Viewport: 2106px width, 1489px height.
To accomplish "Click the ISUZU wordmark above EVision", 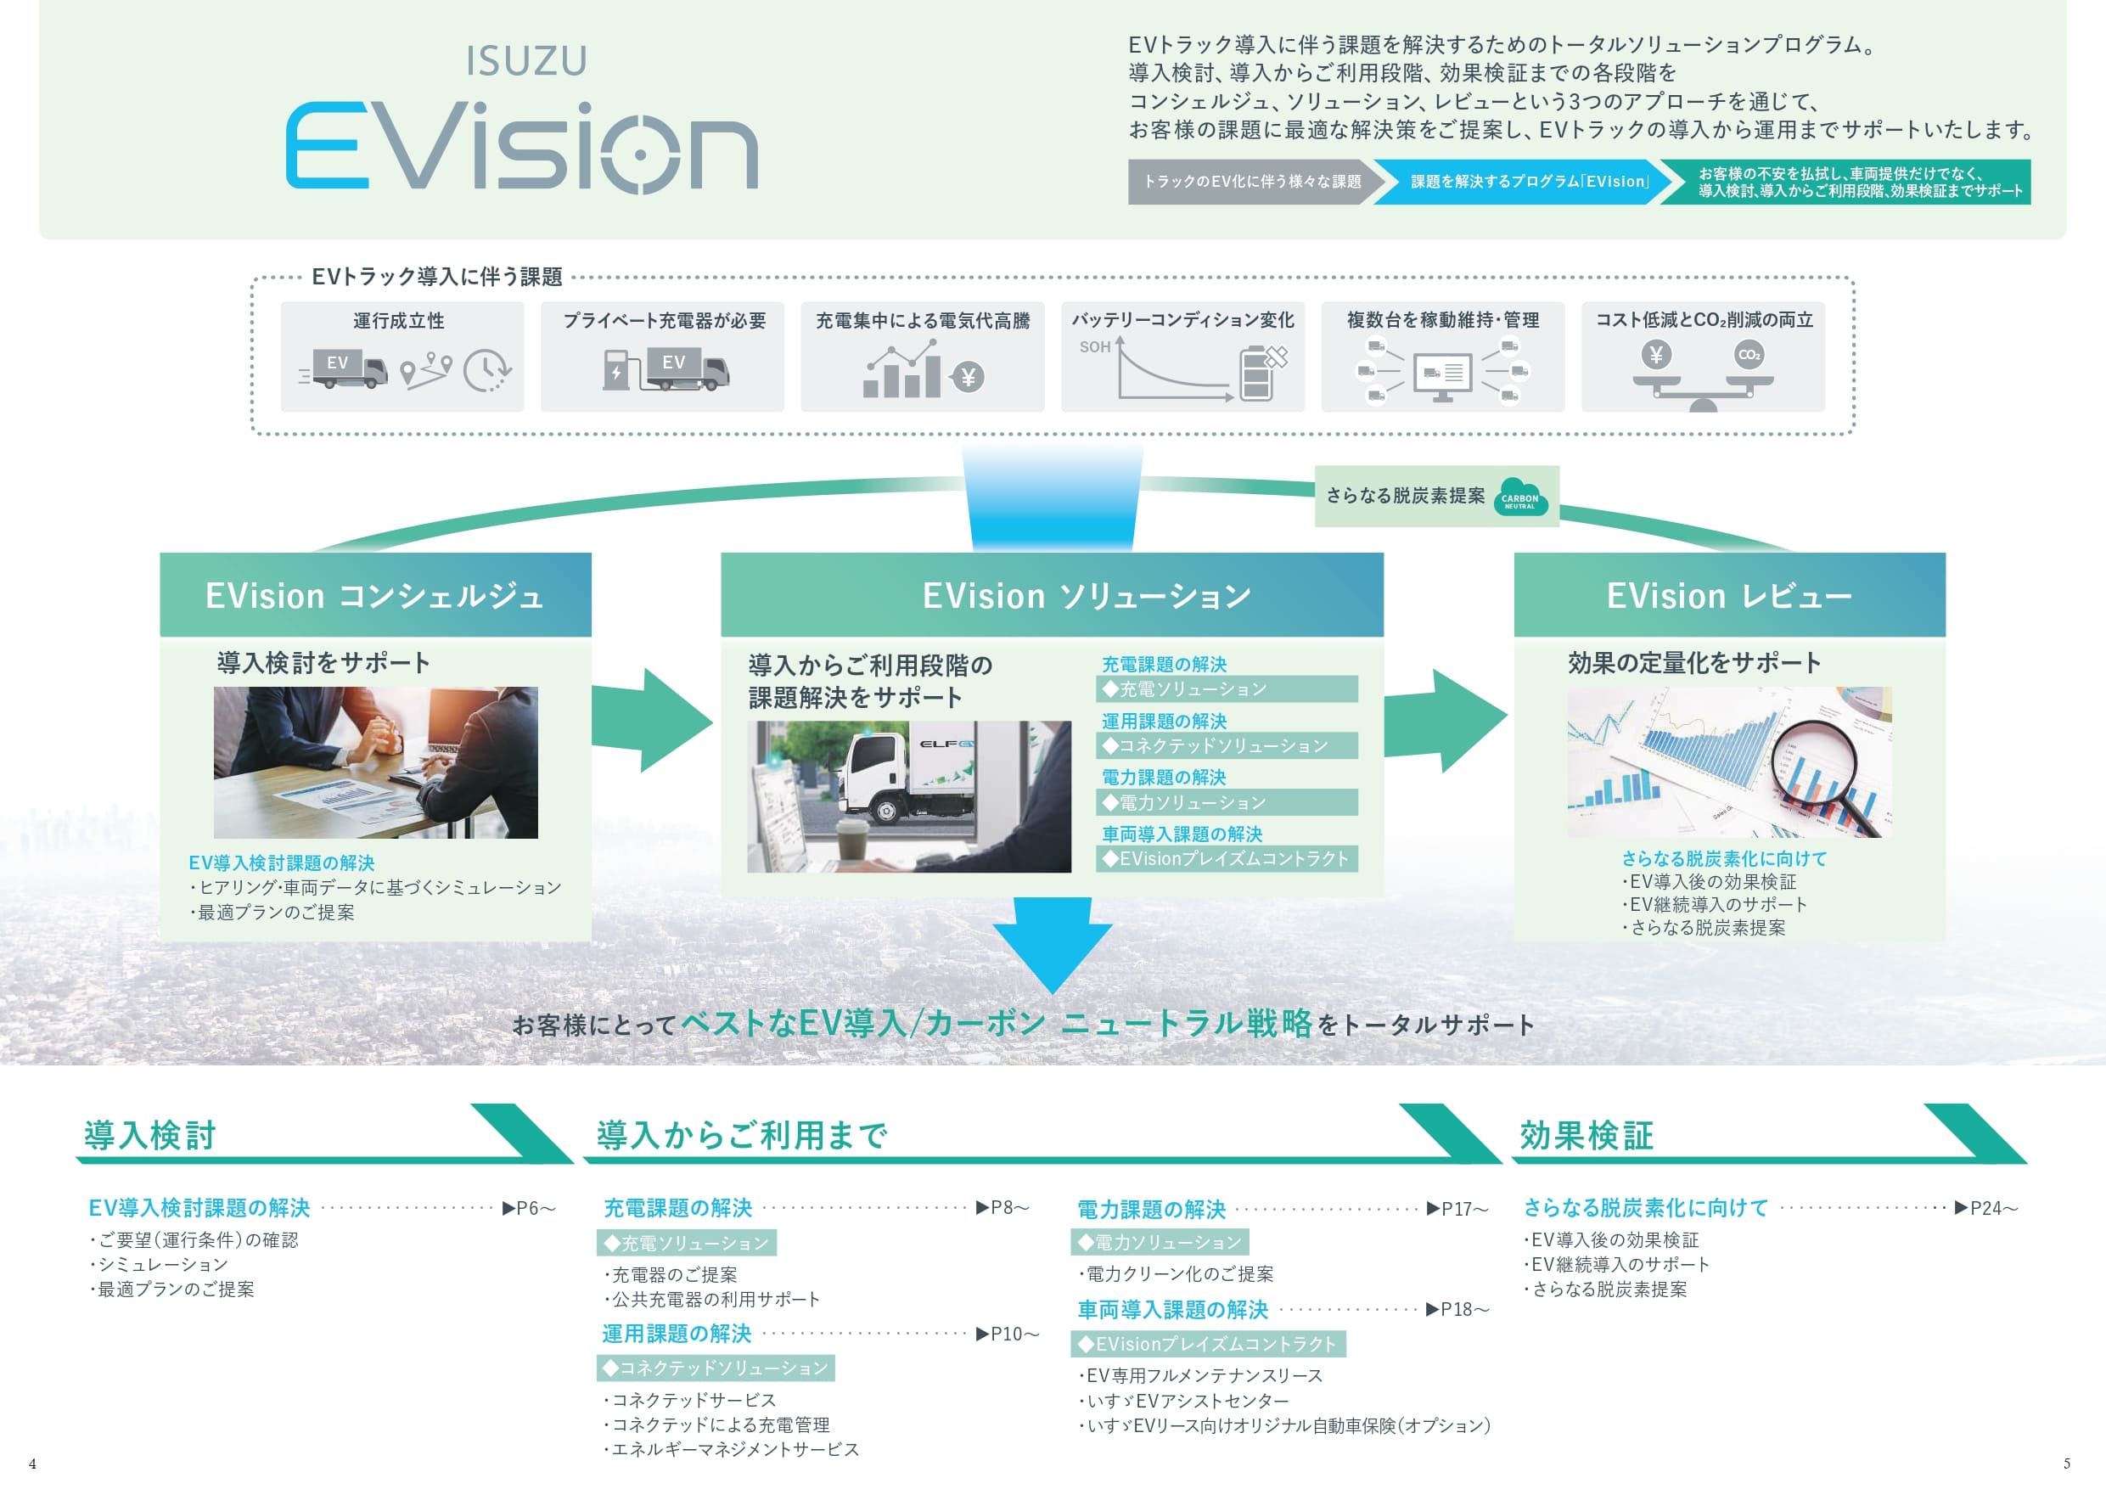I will [x=525, y=61].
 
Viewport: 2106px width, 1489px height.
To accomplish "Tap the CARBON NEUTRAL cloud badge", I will [x=1520, y=498].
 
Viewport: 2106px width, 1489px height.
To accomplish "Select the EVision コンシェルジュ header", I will [x=375, y=595].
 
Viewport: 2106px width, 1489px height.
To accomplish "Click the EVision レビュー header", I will [x=1729, y=595].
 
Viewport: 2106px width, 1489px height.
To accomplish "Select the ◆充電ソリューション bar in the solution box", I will [x=1227, y=689].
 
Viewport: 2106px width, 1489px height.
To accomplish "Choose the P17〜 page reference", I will [x=1457, y=1209].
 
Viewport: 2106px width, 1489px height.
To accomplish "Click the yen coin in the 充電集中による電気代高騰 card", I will [x=968, y=377].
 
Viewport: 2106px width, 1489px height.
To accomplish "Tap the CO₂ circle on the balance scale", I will [x=1749, y=355].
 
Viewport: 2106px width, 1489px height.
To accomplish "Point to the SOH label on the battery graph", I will [x=1094, y=347].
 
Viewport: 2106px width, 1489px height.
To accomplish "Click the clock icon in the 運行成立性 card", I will [x=486, y=371].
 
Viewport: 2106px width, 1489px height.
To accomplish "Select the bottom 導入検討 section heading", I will [x=150, y=1136].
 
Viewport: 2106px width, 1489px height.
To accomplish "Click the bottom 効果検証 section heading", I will [x=1587, y=1136].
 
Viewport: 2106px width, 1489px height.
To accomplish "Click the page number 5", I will [x=2067, y=1464].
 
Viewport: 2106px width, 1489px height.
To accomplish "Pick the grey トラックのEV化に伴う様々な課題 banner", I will [x=1251, y=182].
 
